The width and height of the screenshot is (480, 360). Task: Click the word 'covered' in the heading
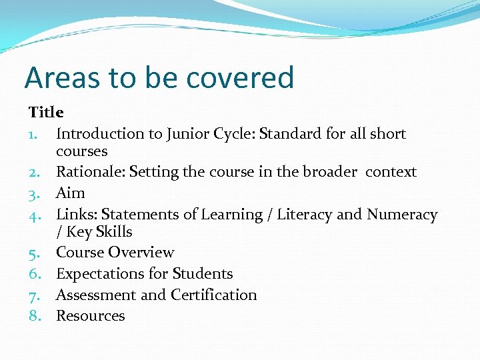click(240, 78)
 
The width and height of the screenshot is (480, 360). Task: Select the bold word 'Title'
click(46, 112)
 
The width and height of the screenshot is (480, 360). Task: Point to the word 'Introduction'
click(99, 134)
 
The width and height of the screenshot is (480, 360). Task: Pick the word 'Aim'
click(71, 193)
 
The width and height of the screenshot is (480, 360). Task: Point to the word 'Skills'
click(114, 232)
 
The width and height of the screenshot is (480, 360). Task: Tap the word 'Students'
click(203, 274)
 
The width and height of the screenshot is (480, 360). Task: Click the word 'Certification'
click(214, 295)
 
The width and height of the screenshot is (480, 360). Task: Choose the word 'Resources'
click(91, 316)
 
